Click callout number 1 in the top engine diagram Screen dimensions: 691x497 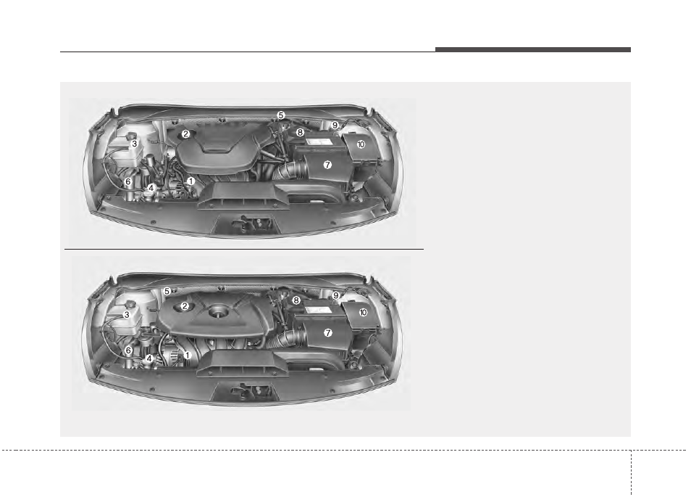point(190,181)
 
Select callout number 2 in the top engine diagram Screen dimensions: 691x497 point(185,134)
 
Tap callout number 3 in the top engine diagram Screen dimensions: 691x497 point(135,144)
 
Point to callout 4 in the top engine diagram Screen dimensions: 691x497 point(151,188)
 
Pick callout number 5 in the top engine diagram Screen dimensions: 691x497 point(281,115)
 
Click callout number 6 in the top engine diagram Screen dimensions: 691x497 point(127,181)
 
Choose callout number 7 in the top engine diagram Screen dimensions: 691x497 point(327,165)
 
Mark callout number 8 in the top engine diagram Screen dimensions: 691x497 point(300,132)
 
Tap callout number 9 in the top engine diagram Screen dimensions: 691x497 point(335,126)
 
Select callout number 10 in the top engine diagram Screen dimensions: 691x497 point(361,144)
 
